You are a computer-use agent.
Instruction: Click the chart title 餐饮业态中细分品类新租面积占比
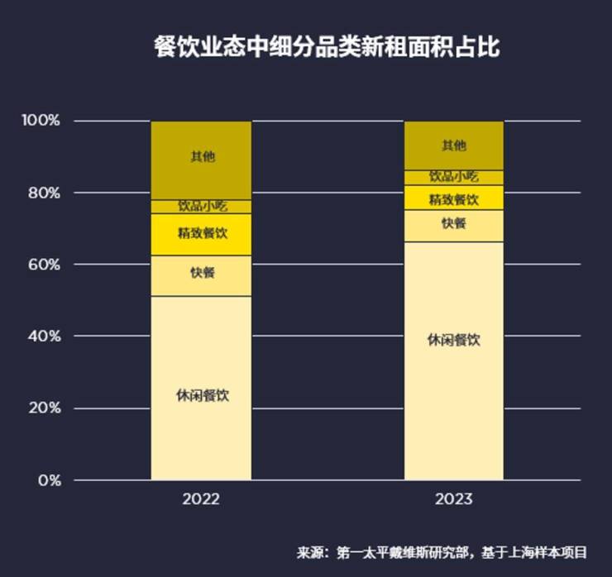tap(327, 46)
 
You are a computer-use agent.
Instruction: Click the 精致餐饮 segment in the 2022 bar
tap(201, 235)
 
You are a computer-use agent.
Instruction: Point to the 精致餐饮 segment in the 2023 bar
tap(453, 198)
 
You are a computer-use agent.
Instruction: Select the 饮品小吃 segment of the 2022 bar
tap(201, 207)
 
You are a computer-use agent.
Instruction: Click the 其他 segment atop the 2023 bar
tap(453, 145)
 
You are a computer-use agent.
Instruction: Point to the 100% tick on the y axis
tap(41, 121)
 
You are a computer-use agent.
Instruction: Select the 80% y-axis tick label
tap(44, 193)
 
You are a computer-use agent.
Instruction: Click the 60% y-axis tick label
tap(44, 265)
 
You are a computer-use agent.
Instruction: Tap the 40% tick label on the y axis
tap(44, 336)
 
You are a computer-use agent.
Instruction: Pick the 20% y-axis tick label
tap(44, 408)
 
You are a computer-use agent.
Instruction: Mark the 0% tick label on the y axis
tap(47, 480)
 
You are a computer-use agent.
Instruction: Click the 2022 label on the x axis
tap(201, 499)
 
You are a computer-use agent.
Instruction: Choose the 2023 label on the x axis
tap(453, 499)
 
